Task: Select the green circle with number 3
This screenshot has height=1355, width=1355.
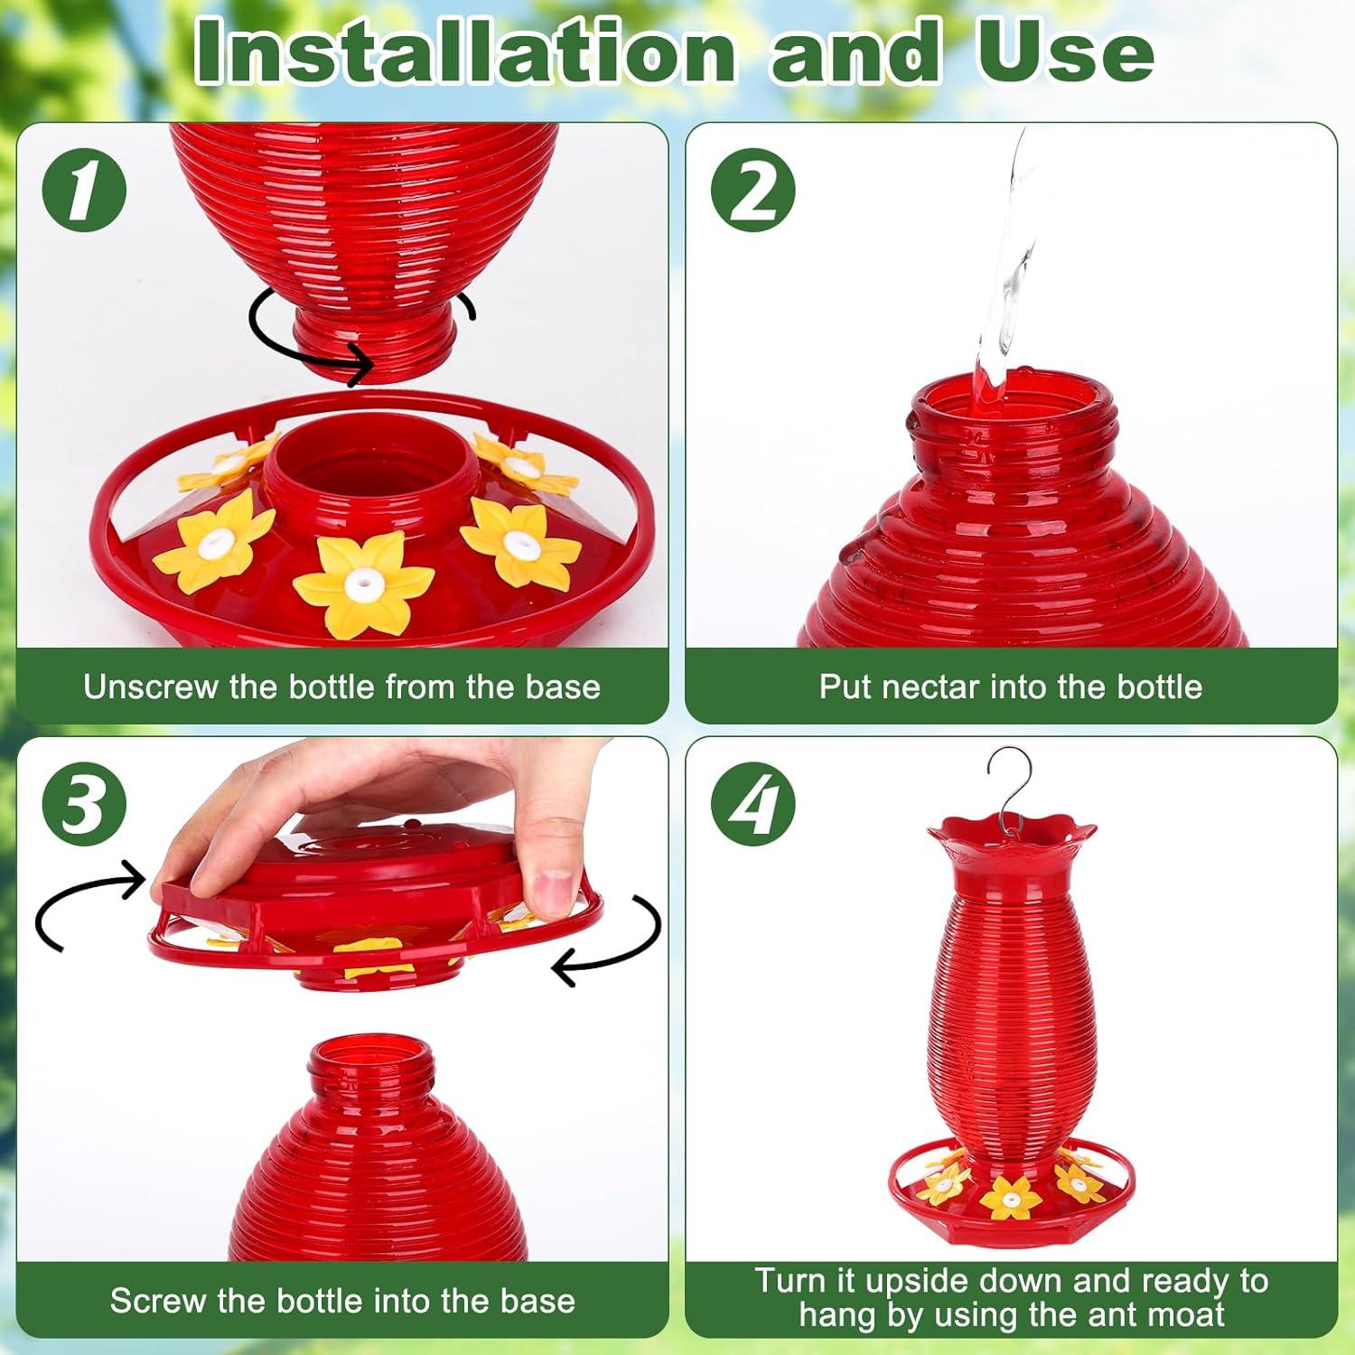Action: point(83,804)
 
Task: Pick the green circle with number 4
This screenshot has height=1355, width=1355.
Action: point(753,804)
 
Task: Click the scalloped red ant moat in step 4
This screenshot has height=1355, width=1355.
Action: point(1011,836)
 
